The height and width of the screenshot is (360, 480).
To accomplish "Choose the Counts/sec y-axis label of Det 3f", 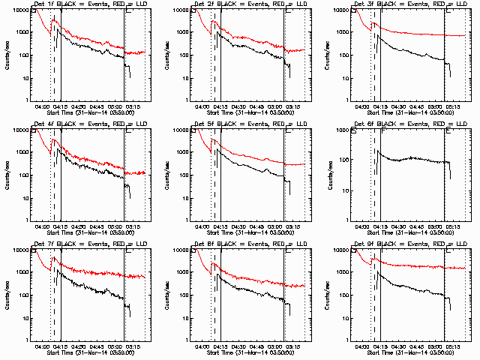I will [325, 55].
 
